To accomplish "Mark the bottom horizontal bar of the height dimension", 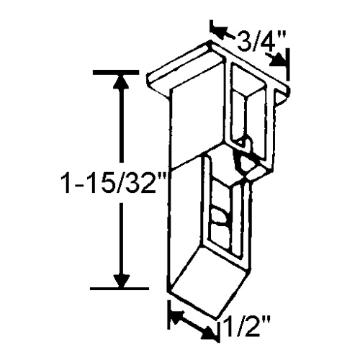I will click(x=115, y=289).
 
